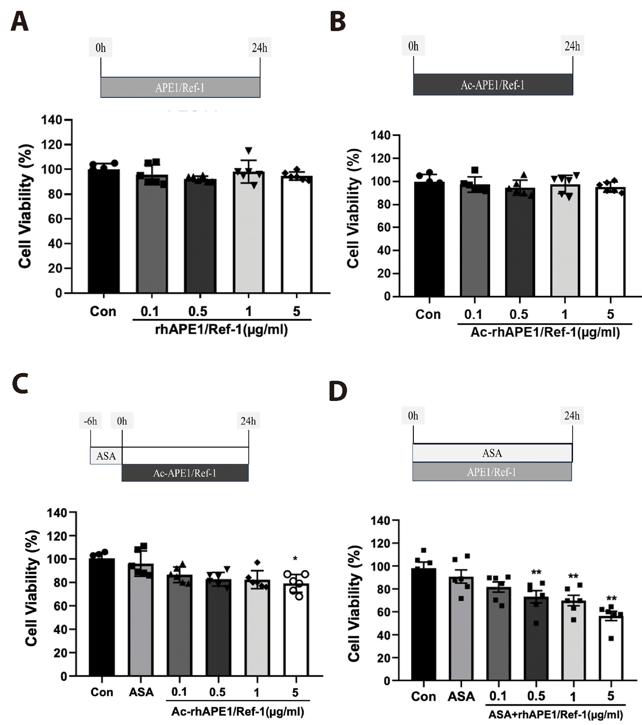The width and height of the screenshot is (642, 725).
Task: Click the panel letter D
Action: point(338,391)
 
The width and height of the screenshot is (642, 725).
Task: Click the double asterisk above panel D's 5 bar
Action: point(611,598)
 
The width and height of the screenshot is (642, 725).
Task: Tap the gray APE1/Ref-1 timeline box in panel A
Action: point(180,87)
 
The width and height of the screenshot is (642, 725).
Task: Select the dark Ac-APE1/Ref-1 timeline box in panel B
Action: point(493,85)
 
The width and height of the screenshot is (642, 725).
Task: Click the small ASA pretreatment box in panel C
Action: point(106,456)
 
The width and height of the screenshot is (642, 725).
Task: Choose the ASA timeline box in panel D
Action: point(492,453)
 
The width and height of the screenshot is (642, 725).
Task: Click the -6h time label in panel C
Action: point(90,421)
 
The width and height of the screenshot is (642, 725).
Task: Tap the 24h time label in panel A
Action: point(259,48)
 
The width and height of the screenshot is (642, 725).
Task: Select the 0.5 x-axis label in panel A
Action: point(198,311)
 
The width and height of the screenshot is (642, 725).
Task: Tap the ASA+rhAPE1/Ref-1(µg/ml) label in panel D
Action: point(555,714)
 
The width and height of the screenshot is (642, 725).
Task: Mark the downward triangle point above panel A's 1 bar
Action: point(249,150)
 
